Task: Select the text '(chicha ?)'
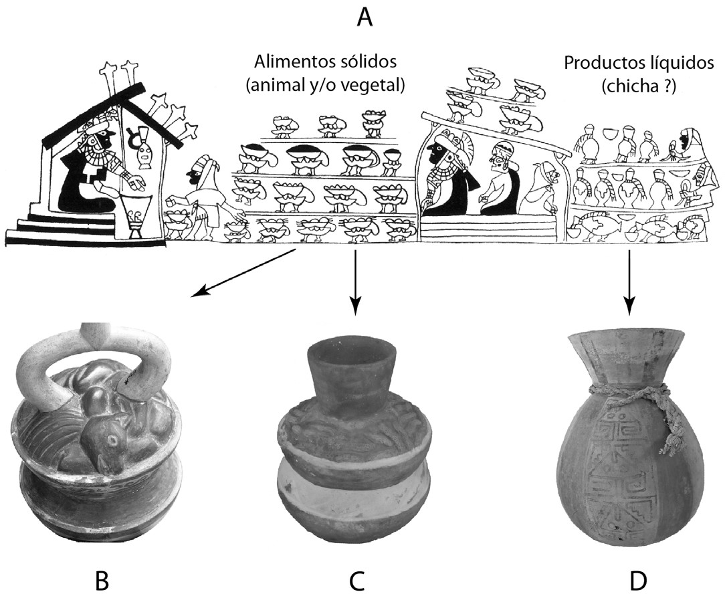[639, 86]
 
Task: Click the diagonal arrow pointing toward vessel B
[245, 273]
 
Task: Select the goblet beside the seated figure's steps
[136, 215]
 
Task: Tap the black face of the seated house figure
[107, 137]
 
